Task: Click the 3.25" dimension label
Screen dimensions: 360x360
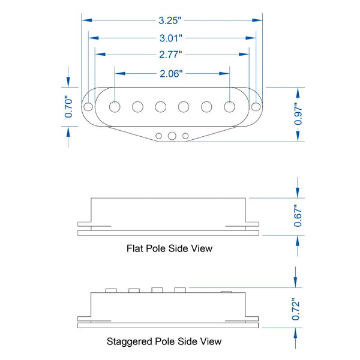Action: pos(170,20)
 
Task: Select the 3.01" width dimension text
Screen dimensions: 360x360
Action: pos(171,38)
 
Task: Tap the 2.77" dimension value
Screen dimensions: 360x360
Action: pos(170,55)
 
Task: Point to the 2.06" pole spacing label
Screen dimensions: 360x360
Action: pos(171,74)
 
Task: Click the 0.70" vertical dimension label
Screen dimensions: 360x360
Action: pos(68,107)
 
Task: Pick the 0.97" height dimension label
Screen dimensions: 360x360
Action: pos(298,114)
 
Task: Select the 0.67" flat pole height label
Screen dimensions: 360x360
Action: pos(298,216)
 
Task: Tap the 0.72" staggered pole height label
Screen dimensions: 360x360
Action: pos(295,309)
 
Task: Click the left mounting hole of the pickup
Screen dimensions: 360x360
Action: pos(88,107)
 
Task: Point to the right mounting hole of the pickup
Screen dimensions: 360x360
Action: pos(256,107)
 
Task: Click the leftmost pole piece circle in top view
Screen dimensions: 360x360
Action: pos(115,107)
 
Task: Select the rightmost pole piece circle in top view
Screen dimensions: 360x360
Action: pos(229,107)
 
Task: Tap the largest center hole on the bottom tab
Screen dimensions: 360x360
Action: pos(172,136)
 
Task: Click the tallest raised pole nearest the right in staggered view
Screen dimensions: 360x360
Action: pos(180,290)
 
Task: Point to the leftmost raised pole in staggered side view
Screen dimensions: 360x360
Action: pos(111,290)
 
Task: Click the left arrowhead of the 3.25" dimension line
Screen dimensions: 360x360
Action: pos(87,20)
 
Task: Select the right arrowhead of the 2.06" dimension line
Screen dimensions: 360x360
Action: pos(224,73)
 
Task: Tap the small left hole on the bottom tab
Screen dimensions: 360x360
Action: pos(158,136)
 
